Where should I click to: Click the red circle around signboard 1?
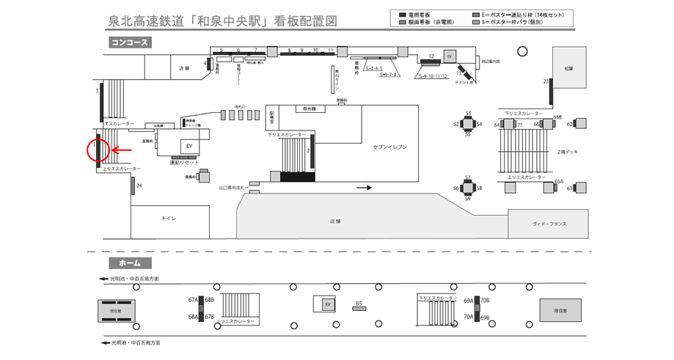click(98, 150)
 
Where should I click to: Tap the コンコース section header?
click(130, 43)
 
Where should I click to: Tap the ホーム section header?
click(130, 262)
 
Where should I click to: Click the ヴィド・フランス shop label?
click(549, 224)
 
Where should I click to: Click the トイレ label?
click(169, 218)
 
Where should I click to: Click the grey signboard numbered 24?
click(133, 185)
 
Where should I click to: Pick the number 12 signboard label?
click(432, 56)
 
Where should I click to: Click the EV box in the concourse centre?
click(188, 146)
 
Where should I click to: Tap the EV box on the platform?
click(328, 304)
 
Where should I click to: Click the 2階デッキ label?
click(568, 151)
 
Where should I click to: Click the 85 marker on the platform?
click(359, 303)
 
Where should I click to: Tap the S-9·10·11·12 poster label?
click(433, 76)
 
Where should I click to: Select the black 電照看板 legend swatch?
click(403, 15)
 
